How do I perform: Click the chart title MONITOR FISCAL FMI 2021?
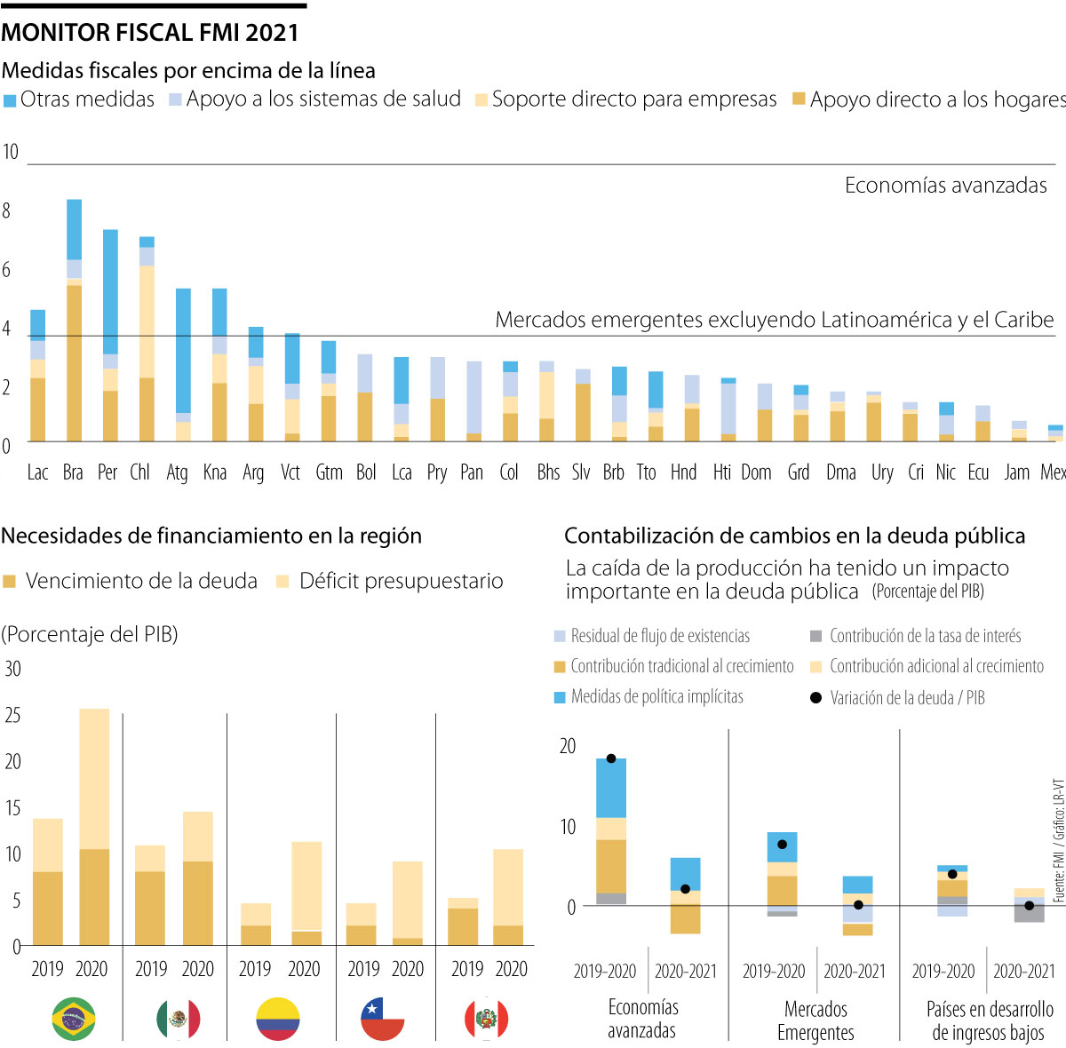150,33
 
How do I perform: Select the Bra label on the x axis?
73,472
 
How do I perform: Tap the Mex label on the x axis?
1054,472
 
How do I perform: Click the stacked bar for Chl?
147,339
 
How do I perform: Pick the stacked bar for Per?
110,336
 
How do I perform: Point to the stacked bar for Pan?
473,401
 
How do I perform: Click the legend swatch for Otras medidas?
10,100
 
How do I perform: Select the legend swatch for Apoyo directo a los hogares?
799,99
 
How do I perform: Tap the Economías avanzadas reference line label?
945,185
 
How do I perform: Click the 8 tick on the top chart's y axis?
7,210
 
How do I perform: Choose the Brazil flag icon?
74,1019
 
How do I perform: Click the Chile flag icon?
383,1019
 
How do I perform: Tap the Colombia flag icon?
278,1019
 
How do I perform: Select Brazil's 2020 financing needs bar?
94,827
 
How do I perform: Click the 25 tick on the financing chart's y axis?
12,715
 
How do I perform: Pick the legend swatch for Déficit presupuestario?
283,582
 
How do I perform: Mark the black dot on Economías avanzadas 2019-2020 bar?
611,758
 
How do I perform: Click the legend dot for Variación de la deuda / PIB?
816,698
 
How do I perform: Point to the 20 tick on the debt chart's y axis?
568,746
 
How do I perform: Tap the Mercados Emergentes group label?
815,1020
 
